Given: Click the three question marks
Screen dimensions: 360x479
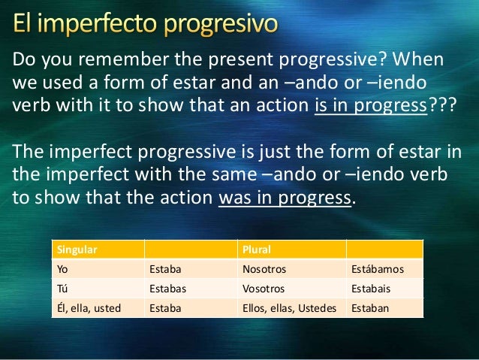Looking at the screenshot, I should coord(440,104).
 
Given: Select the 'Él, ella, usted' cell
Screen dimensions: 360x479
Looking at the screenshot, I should coord(88,308).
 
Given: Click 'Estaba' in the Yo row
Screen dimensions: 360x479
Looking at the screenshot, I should coord(166,268).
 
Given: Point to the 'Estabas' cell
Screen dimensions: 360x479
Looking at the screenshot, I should coord(168,289).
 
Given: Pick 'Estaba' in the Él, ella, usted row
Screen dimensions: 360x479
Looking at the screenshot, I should coord(166,308).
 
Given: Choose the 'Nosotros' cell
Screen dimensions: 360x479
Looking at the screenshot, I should coord(264,268).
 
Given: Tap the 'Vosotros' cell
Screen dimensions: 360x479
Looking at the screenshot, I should coord(263,289).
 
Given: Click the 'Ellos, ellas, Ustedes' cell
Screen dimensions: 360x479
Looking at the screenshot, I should coord(289,308).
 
